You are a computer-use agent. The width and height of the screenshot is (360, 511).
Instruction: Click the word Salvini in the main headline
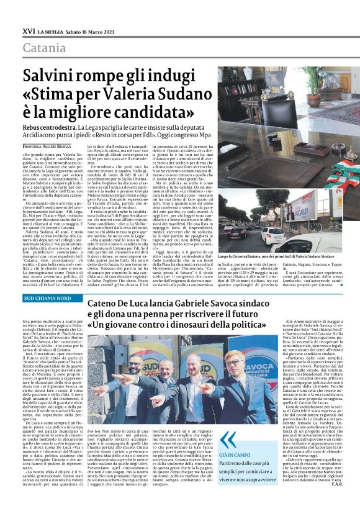52,77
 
